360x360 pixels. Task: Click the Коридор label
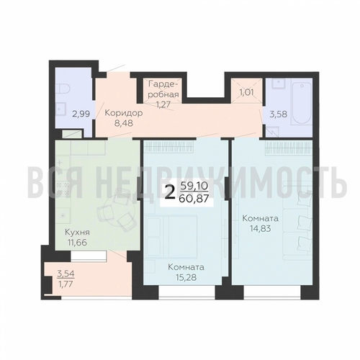click(x=124, y=113)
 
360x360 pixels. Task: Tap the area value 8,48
click(x=124, y=123)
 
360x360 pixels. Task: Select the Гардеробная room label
click(x=163, y=89)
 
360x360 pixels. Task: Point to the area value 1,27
click(x=163, y=104)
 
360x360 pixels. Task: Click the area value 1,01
click(x=246, y=92)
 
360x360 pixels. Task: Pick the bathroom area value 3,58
click(x=279, y=114)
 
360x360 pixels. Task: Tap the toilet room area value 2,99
click(x=81, y=114)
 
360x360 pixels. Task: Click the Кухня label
click(x=77, y=233)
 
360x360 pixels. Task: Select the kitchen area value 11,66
click(x=77, y=243)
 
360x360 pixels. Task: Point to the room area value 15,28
click(x=186, y=277)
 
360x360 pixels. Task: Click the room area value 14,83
click(x=260, y=229)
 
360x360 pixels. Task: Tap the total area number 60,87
click(x=194, y=199)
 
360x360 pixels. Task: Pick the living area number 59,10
click(x=194, y=186)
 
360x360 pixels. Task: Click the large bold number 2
click(x=170, y=193)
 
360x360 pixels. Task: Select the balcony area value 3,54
click(x=66, y=274)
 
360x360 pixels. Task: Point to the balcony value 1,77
click(x=65, y=284)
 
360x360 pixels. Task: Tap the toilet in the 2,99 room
click(x=63, y=89)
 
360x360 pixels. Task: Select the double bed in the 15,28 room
click(x=171, y=237)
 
